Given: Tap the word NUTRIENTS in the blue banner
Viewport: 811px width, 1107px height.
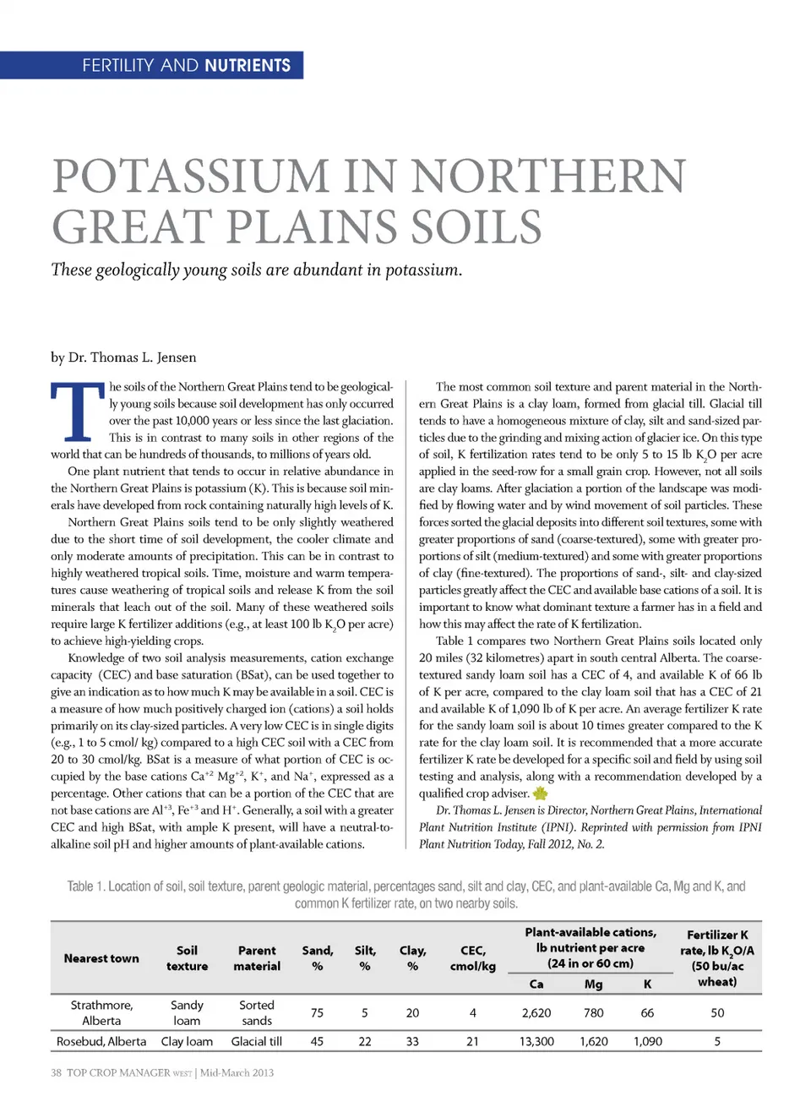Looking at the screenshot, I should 248,65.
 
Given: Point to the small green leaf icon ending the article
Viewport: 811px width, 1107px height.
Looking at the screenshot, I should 541,793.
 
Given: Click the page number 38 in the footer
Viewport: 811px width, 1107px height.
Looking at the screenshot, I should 56,1073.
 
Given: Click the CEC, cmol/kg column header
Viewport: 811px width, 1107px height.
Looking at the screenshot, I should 473,958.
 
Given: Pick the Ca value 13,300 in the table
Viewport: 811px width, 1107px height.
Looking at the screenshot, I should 536,1042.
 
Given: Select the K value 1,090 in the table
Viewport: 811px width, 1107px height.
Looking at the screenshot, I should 648,1042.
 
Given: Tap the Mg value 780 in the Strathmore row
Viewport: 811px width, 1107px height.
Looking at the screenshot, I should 594,1012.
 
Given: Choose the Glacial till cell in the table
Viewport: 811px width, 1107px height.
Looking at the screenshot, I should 257,1042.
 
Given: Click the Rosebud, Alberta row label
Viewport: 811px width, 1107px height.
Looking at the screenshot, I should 101,1042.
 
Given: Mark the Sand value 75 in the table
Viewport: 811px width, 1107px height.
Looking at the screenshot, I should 317,1012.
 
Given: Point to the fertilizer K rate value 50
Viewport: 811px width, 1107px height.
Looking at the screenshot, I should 717,1012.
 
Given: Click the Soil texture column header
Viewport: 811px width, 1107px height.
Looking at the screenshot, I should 187,958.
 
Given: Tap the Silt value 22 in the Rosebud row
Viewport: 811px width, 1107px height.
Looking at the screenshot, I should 365,1042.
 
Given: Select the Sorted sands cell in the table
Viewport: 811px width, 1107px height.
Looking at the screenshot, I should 257,1012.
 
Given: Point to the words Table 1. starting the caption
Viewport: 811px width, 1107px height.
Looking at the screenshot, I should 85,886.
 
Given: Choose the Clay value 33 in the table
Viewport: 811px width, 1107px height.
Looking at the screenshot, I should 412,1042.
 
